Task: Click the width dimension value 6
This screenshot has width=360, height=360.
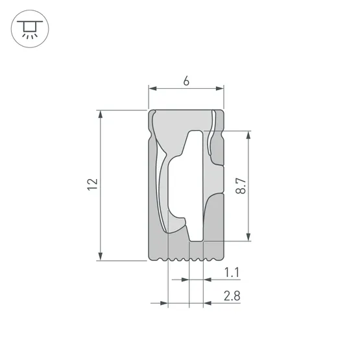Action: (186, 81)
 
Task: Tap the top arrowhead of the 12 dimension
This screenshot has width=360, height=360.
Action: (101, 114)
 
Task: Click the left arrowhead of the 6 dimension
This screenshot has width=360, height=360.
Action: (152, 89)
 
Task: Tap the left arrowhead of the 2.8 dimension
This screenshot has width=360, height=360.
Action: (164, 302)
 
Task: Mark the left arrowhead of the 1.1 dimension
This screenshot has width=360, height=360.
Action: (185, 280)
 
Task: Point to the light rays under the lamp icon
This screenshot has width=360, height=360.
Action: (28, 36)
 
